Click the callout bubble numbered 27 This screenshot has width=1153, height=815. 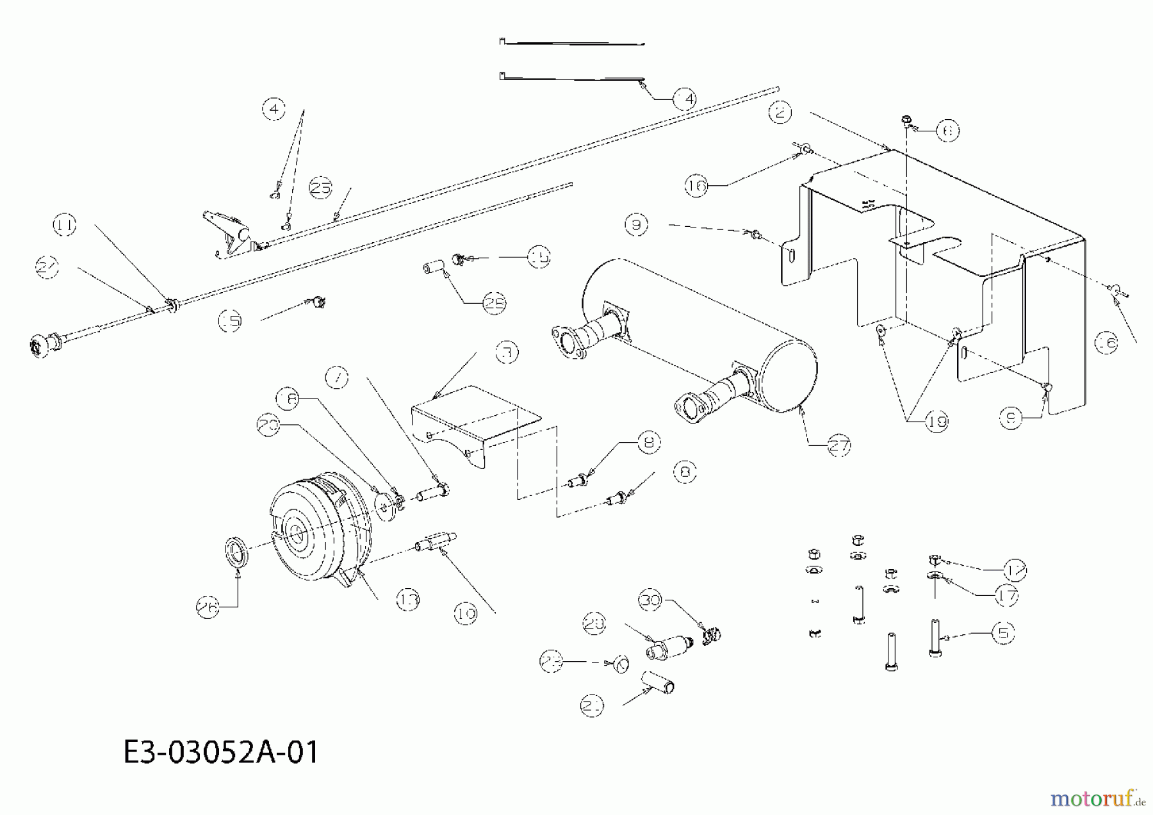point(838,445)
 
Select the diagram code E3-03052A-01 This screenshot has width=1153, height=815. point(220,752)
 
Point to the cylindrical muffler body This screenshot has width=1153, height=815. point(698,333)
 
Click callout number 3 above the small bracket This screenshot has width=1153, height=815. point(506,352)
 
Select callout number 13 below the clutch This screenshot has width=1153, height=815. point(407,600)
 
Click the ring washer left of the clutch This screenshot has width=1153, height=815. point(238,551)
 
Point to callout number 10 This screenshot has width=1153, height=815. point(466,614)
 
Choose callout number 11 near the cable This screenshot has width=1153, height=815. point(64,226)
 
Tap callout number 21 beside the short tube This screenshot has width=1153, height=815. point(592,706)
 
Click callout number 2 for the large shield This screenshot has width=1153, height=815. point(780,113)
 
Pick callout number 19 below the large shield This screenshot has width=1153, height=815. point(936,421)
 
